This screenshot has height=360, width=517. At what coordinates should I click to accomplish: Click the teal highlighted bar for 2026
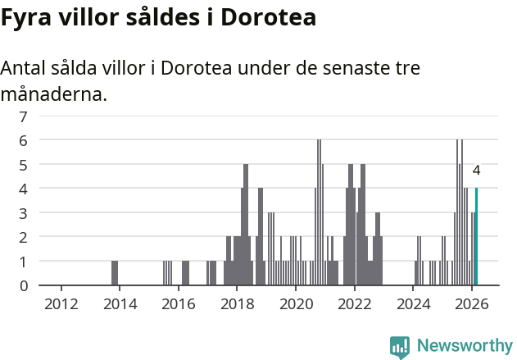pyautogui.click(x=476, y=237)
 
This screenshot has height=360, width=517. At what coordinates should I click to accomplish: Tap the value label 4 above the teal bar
pyautogui.click(x=476, y=171)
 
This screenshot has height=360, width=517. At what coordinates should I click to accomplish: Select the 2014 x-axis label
pyautogui.click(x=120, y=303)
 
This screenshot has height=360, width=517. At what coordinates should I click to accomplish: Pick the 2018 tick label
pyautogui.click(x=237, y=303)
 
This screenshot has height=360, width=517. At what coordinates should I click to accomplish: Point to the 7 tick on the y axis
pyautogui.click(x=24, y=116)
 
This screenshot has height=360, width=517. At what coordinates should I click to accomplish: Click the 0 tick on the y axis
pyautogui.click(x=24, y=285)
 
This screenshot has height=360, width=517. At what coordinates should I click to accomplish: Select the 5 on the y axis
pyautogui.click(x=24, y=165)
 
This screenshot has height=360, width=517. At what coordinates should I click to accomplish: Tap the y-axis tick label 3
pyautogui.click(x=24, y=213)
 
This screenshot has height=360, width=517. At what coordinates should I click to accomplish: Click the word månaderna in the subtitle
pyautogui.click(x=53, y=94)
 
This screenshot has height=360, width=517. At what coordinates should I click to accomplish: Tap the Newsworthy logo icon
pyautogui.click(x=400, y=346)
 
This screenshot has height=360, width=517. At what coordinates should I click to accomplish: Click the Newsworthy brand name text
pyautogui.click(x=465, y=346)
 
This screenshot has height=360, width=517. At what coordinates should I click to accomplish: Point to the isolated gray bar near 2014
pyautogui.click(x=115, y=273)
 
